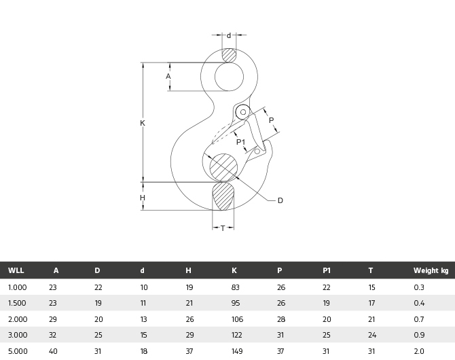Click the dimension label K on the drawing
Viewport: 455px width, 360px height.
coord(143,123)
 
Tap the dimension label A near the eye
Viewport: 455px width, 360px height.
coord(168,76)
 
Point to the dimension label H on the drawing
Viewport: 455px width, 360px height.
coord(143,198)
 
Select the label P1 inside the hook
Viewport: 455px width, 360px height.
coord(241,142)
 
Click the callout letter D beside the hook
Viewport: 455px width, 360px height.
coord(280,200)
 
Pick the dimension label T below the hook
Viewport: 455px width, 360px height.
coord(223,228)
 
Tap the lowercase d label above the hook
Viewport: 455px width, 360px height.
coord(229,35)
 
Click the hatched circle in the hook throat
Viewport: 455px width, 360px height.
coord(223,168)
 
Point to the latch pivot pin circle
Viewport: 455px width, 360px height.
coord(242,112)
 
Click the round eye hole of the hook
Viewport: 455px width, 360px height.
coord(229,76)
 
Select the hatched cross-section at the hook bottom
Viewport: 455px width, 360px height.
coord(223,196)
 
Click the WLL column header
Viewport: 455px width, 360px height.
coord(16,270)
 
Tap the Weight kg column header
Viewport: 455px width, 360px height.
coord(431,270)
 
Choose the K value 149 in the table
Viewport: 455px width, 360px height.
coord(237,350)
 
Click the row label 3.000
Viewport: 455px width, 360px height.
coord(18,335)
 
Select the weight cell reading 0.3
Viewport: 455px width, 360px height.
coord(418,287)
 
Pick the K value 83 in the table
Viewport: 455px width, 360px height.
coord(236,287)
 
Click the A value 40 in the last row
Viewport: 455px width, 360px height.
coord(53,350)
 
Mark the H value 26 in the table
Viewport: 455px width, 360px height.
coord(189,319)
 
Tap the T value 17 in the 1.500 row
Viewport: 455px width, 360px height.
coord(371,303)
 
